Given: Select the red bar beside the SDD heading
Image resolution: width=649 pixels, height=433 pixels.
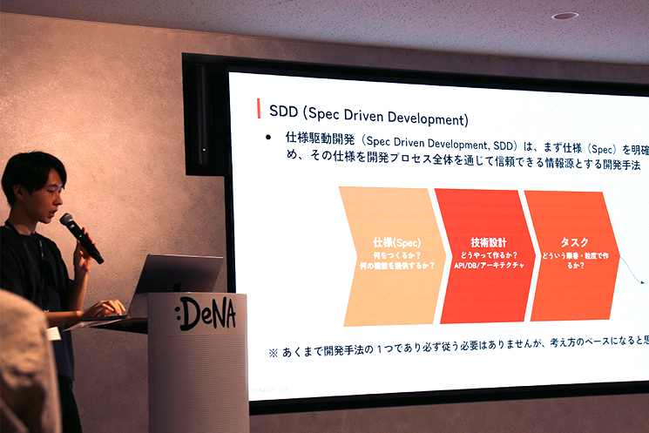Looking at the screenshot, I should [x=259, y=109].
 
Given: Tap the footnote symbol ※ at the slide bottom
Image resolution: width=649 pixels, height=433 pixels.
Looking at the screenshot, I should [x=273, y=354].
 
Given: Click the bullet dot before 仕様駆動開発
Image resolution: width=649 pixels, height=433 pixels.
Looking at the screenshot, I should [x=269, y=139].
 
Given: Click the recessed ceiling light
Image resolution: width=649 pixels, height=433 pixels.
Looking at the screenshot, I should [x=564, y=16].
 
